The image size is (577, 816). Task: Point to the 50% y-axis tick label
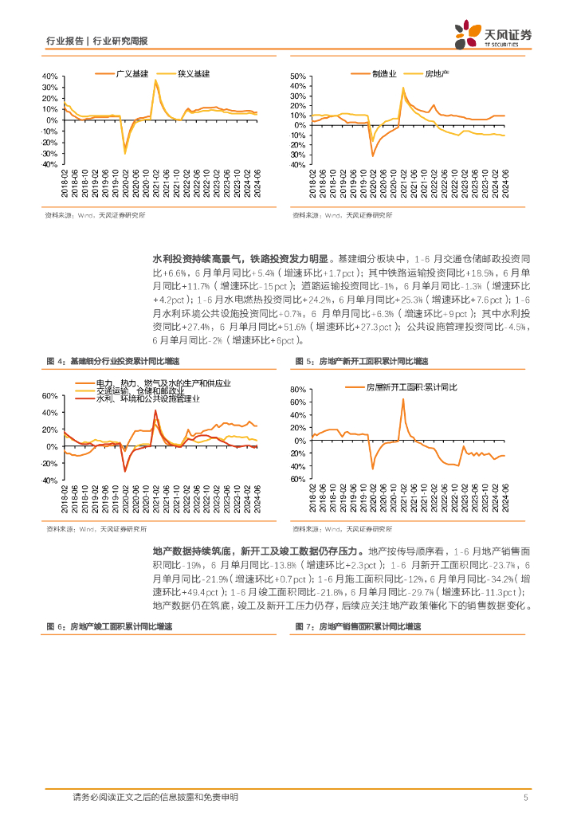point(299,76)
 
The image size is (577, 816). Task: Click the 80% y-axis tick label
point(299,389)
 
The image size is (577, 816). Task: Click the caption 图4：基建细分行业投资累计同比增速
point(112,361)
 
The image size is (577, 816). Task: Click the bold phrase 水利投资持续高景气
point(190,259)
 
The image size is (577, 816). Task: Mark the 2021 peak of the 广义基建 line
point(155,80)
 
